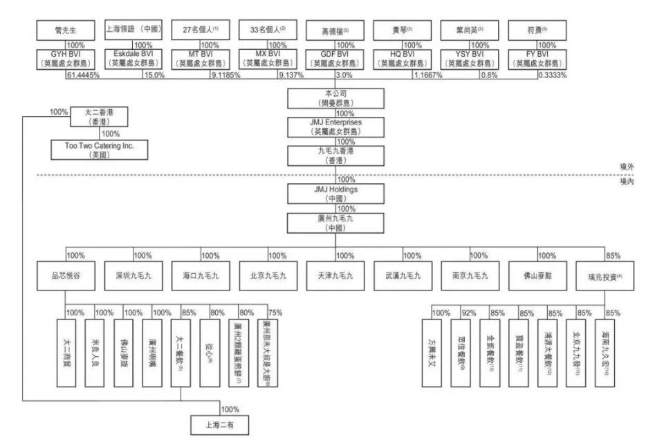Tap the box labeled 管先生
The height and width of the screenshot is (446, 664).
(x=66, y=30)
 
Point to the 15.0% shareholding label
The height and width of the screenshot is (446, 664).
(x=154, y=75)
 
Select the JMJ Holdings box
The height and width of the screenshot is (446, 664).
(x=335, y=192)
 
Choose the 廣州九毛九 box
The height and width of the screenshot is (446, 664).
(x=335, y=222)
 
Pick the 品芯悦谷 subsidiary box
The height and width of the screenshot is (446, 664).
(x=66, y=275)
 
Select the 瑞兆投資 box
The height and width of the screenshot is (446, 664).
(x=604, y=275)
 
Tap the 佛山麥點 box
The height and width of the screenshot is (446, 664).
(x=537, y=275)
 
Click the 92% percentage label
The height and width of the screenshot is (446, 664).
(x=470, y=313)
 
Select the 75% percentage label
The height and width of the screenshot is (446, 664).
(x=275, y=313)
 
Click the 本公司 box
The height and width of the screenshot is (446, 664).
(x=335, y=97)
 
